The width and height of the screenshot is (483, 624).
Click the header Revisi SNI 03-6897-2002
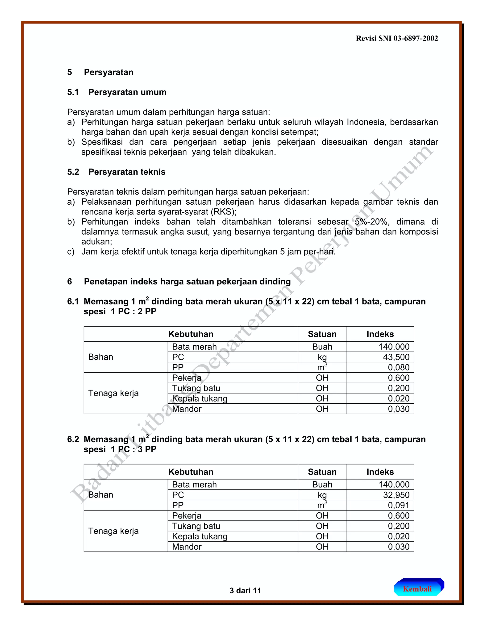[397, 38]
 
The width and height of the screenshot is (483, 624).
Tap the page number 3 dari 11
[245, 591]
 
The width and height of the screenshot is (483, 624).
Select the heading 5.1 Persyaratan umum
[117, 92]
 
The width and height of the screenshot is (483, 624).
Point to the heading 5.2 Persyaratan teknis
[116, 172]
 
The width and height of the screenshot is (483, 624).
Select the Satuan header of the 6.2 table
[322, 472]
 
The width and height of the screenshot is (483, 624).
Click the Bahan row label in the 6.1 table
[101, 357]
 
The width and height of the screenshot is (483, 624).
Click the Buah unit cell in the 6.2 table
[322, 485]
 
